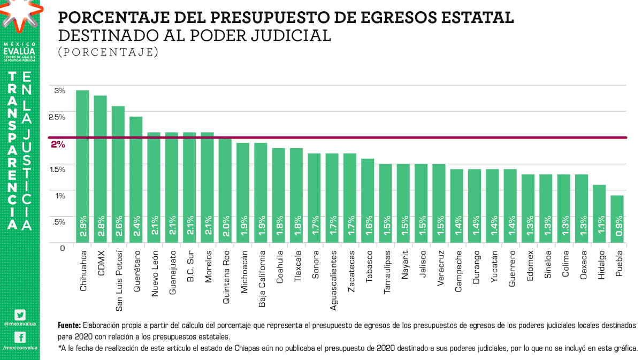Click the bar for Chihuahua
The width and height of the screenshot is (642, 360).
point(82,166)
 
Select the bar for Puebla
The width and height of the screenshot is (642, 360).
point(617,219)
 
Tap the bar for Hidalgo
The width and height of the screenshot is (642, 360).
point(599,214)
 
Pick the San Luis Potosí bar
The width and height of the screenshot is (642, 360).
point(118,174)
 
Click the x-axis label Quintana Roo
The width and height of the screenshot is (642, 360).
point(225,278)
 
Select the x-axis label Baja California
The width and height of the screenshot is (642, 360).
point(261,279)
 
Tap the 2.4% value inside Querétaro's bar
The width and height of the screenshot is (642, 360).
point(136,226)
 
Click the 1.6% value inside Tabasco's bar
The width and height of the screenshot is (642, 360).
point(368,226)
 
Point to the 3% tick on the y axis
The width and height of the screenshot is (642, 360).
point(59,90)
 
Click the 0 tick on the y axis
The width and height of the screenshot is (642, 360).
point(62,248)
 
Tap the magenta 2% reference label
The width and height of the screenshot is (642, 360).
point(58,144)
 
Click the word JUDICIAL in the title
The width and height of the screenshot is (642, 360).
point(287,35)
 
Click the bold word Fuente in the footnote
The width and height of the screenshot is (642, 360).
point(70,325)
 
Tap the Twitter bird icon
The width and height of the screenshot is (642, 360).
point(20,316)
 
